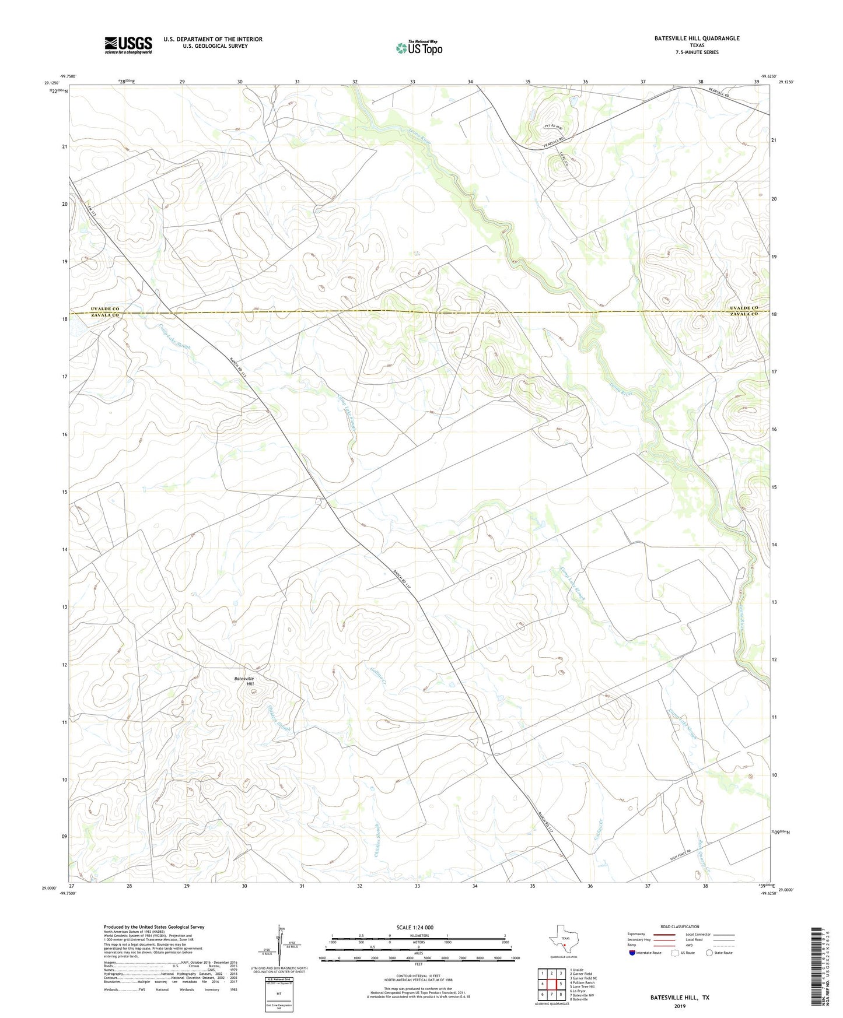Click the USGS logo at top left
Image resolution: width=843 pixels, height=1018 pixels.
[128, 45]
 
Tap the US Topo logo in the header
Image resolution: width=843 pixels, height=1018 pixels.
[419, 48]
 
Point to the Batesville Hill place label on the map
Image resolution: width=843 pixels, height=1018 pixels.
[244, 680]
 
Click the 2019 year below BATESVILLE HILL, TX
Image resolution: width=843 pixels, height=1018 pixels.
[680, 1006]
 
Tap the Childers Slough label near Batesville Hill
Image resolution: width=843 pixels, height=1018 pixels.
[279, 719]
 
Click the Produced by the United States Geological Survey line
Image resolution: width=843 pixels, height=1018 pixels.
[154, 927]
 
